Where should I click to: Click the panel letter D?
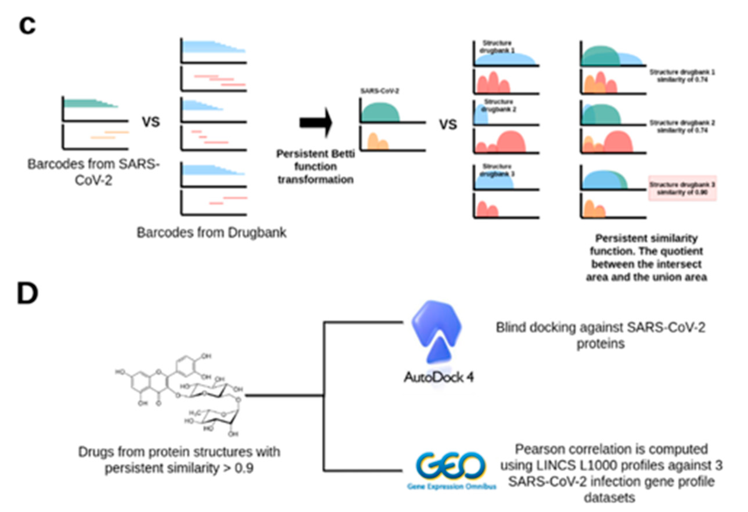click(x=27, y=294)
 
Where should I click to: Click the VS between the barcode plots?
click(x=151, y=122)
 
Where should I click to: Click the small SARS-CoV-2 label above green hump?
click(x=380, y=91)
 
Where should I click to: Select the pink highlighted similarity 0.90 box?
click(x=682, y=188)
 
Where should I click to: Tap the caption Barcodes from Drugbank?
click(x=211, y=233)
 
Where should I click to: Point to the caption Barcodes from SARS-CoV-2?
click(x=93, y=172)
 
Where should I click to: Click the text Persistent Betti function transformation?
click(x=315, y=167)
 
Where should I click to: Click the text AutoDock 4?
click(x=439, y=377)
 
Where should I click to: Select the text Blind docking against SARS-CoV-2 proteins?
click(x=600, y=336)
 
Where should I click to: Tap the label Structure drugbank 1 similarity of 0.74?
click(x=682, y=76)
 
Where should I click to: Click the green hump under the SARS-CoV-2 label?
click(x=380, y=113)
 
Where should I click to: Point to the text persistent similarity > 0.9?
click(x=179, y=468)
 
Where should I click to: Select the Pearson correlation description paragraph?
click(x=611, y=473)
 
